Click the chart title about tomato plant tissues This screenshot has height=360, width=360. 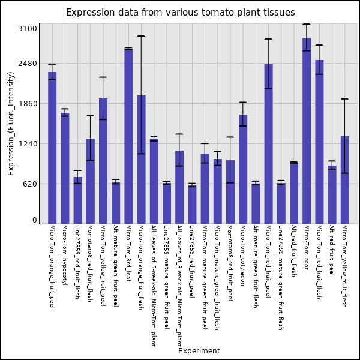[181, 13]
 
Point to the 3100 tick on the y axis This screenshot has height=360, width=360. [28, 29]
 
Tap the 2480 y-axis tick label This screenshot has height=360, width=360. [28, 64]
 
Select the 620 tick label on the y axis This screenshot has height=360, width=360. [30, 184]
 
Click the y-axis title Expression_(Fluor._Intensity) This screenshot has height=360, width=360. [11, 124]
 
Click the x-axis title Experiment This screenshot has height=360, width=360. [199, 351]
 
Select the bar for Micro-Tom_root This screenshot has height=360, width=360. [307, 131]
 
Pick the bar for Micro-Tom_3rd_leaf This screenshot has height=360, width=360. [128, 136]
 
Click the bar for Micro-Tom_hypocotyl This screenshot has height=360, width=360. [65, 168]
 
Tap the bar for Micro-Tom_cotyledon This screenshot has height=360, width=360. [243, 169]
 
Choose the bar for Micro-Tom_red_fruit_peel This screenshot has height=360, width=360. [268, 144]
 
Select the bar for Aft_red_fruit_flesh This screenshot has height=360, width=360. [294, 193]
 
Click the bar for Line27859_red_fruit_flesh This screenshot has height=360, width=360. [77, 200]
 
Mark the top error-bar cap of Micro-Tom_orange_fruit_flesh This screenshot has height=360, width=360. [141, 36]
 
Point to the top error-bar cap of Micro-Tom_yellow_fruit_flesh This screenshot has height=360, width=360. [345, 99]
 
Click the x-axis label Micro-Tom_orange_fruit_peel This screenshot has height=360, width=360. [52, 267]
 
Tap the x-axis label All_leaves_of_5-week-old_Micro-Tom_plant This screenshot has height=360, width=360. [154, 286]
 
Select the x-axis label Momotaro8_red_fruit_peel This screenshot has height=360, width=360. [230, 263]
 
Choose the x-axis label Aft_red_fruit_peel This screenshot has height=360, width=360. [332, 250]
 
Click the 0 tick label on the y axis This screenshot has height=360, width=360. [35, 220]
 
